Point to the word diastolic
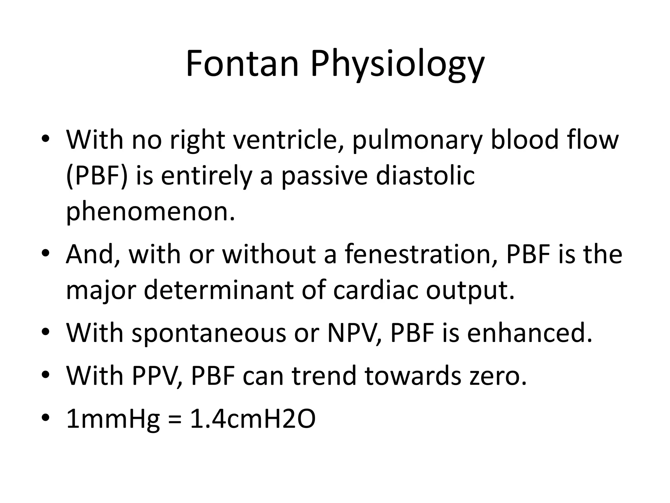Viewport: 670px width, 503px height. tap(425, 176)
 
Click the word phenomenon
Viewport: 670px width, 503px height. tap(150, 212)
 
